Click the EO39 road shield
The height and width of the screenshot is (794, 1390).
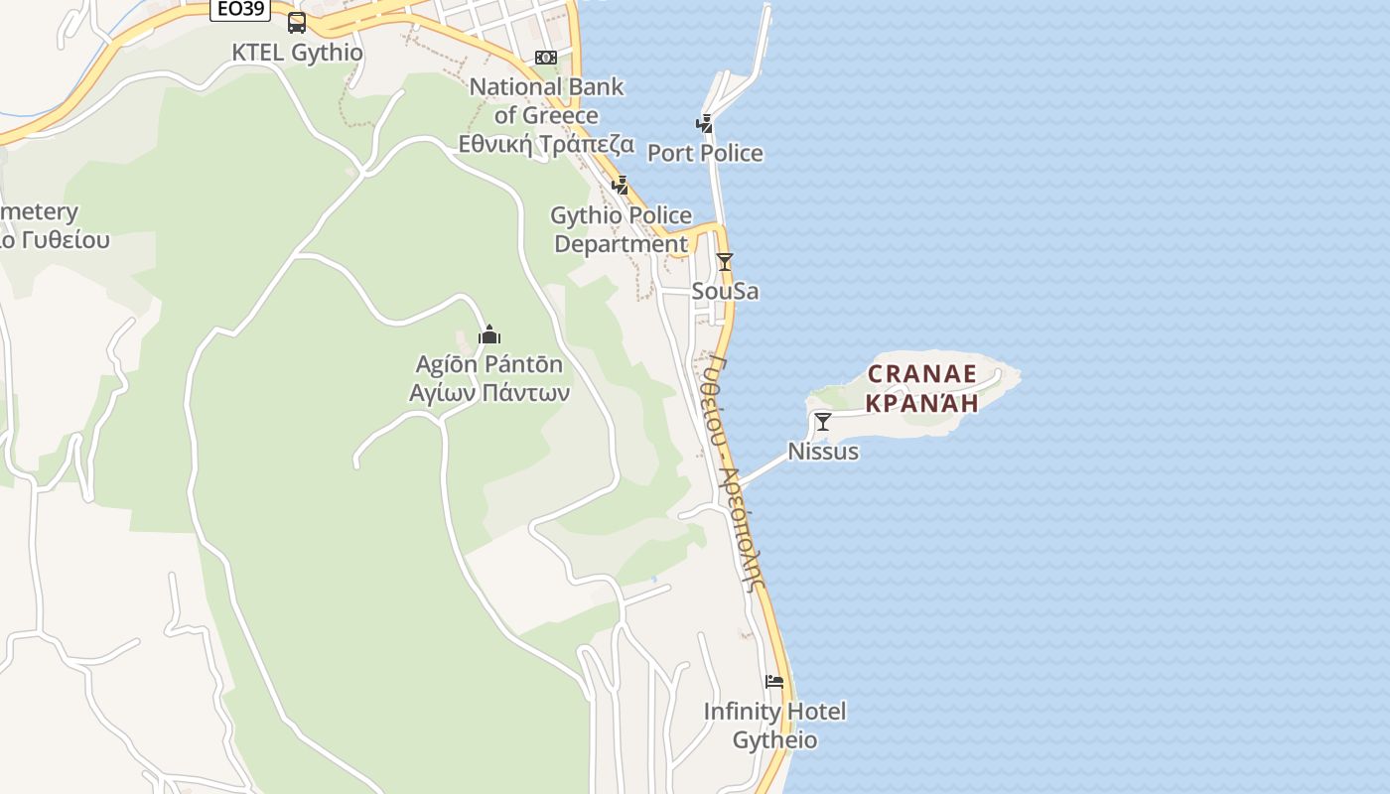tap(240, 9)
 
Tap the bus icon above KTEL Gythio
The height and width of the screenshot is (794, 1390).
tap(297, 23)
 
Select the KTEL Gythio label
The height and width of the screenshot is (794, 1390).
tap(297, 53)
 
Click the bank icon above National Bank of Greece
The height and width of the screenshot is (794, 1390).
tap(546, 58)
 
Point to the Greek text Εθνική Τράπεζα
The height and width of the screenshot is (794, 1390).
tap(546, 144)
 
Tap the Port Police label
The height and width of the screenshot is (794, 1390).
tap(705, 153)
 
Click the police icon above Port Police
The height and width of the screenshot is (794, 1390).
tap(705, 124)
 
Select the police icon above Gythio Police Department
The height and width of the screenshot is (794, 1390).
tap(621, 185)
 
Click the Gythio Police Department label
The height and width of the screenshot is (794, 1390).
tap(622, 229)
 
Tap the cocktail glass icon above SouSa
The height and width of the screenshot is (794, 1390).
tap(725, 262)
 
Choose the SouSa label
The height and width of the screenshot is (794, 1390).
tap(725, 291)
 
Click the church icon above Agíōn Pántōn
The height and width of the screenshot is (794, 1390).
tap(489, 334)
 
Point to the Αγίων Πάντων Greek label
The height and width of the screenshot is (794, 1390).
tap(489, 392)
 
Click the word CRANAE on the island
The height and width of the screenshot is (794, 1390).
tap(922, 374)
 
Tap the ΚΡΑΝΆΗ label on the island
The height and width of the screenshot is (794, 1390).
tap(922, 402)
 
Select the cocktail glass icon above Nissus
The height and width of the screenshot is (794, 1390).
tap(823, 422)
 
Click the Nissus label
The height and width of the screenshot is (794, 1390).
tap(823, 452)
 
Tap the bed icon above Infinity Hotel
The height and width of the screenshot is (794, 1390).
tap(774, 682)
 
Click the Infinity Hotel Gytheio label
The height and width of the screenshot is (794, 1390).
tap(774, 726)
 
